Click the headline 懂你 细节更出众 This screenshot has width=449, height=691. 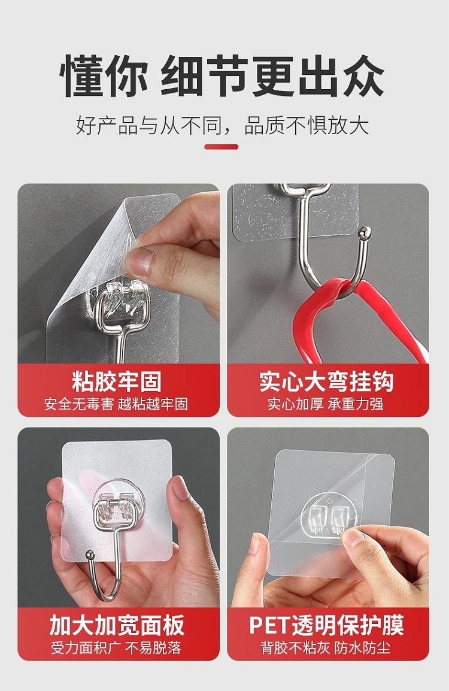pos(223,76)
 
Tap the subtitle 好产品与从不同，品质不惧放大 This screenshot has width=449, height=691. pos(223,125)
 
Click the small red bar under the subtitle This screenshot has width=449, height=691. pos(221,147)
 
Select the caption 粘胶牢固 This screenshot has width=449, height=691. pos(117,381)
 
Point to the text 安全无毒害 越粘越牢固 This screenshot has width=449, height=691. pos(116,404)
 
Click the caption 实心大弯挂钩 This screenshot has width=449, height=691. pos(326,381)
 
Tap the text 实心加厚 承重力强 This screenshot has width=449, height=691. pos(326,404)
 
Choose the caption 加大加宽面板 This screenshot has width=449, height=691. pos(117,625)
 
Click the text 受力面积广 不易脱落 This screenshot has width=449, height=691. pos(116,648)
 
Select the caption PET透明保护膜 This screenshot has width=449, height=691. pos(326,625)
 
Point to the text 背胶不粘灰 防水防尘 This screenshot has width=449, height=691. pos(326,648)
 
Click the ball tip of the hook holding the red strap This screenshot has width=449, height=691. pos(365,231)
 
